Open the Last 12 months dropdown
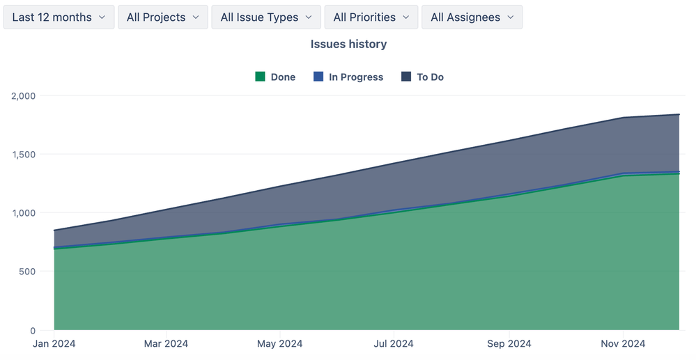59,17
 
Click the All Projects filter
163,17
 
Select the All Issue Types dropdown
266,17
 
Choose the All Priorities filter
371,17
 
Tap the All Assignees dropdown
472,17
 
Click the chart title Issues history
348,44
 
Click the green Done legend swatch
261,77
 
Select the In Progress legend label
355,77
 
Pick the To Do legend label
430,77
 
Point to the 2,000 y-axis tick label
25,95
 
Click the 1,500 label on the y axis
25,154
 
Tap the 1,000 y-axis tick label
25,213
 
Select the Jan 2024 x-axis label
54,343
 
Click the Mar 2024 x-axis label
167,343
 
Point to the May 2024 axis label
280,343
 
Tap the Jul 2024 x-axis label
394,343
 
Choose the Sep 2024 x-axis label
509,343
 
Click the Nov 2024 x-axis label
623,343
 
